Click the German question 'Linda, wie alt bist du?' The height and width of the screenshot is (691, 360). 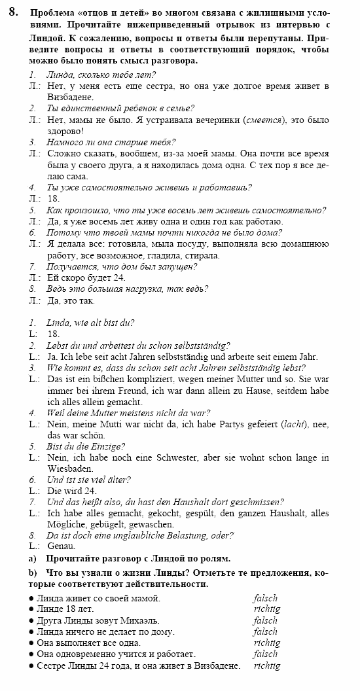tap(90, 323)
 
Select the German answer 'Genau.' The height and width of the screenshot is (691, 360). tap(62, 546)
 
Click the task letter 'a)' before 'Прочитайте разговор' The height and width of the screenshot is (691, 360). tap(33, 559)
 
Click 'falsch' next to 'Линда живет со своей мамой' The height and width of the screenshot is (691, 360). tap(265, 597)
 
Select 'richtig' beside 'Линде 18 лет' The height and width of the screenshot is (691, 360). tap(266, 609)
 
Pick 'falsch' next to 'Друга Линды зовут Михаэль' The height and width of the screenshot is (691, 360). tap(265, 620)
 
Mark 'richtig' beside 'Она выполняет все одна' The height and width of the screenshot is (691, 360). tap(266, 643)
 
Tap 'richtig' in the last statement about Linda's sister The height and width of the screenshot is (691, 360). tap(266, 666)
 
